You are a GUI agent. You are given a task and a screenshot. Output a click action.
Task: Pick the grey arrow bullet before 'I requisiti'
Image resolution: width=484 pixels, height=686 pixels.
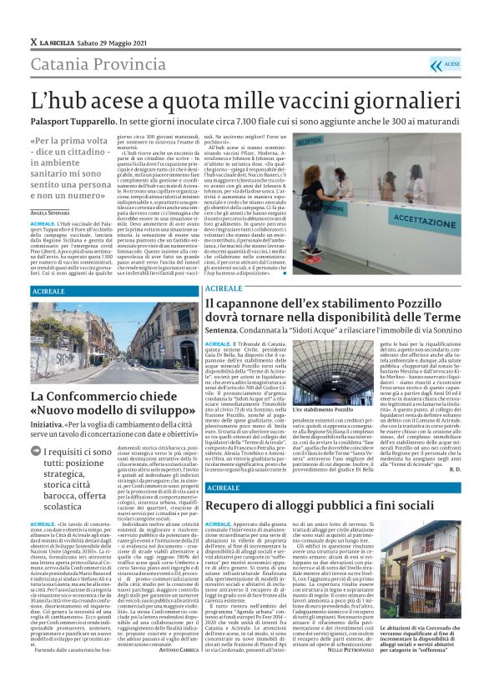pos(38,453)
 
